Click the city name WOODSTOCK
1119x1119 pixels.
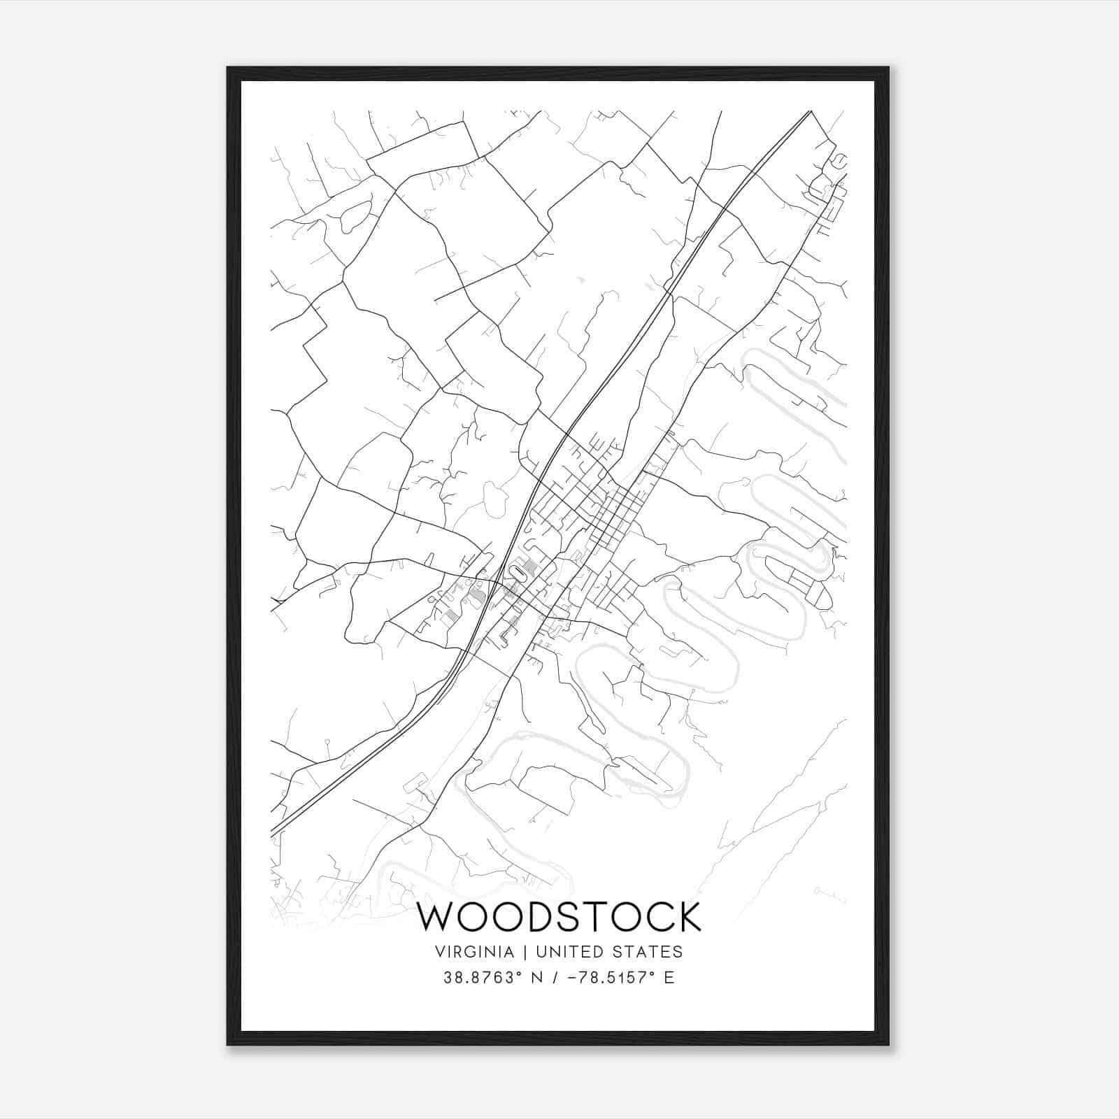(x=559, y=917)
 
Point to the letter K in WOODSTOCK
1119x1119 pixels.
(x=687, y=917)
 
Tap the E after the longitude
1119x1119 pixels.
(x=669, y=978)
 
